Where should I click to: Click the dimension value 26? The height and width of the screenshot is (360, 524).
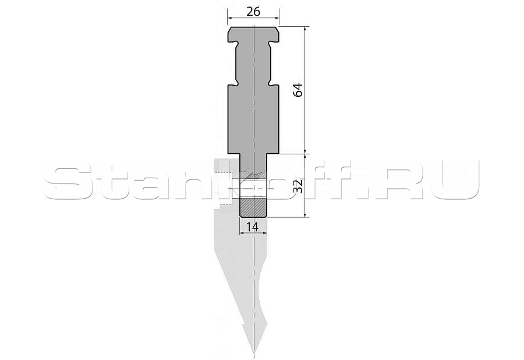coord(253,12)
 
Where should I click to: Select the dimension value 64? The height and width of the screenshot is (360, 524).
coord(298,89)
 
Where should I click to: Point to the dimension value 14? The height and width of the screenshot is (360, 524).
coord(253,227)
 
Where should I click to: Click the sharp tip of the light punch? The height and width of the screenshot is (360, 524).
coord(254,354)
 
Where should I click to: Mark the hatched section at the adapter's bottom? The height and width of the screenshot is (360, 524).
coord(254,207)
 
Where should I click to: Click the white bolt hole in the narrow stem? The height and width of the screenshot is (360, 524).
coord(254,189)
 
